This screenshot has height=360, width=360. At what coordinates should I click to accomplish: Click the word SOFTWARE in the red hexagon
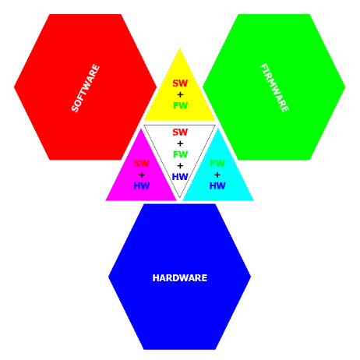tap(86, 88)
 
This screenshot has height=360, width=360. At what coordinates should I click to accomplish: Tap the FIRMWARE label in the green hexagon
tap(274, 88)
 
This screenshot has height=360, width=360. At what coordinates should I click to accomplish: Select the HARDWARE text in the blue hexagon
tap(180, 278)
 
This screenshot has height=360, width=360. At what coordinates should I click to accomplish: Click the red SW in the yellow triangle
tap(180, 83)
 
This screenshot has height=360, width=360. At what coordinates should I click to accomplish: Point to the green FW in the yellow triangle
tap(180, 106)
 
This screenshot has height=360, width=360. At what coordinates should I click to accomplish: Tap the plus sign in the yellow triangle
tap(180, 94)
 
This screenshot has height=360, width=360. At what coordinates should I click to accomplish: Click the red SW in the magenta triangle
tap(142, 164)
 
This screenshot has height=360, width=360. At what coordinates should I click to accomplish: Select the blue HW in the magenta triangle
tap(142, 185)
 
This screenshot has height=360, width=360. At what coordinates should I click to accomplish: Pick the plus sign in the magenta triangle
tap(142, 175)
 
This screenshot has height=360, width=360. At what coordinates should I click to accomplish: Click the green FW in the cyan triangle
tap(217, 164)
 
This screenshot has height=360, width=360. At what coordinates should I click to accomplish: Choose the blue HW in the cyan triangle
tap(217, 185)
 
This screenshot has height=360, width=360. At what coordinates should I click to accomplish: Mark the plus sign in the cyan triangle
tap(217, 175)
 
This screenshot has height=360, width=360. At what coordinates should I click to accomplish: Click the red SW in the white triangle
tap(180, 132)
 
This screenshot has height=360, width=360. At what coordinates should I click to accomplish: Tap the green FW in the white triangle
tap(180, 154)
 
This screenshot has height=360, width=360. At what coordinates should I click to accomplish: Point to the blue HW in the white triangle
tap(180, 177)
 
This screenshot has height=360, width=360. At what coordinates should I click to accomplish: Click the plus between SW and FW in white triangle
tap(180, 143)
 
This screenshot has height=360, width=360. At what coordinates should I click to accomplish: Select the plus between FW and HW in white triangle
tap(180, 166)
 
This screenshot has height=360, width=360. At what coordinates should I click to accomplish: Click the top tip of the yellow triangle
tap(180, 48)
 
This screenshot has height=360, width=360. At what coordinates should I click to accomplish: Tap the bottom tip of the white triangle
tap(179, 197)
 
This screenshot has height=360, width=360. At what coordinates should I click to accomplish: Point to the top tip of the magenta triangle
tap(141, 129)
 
